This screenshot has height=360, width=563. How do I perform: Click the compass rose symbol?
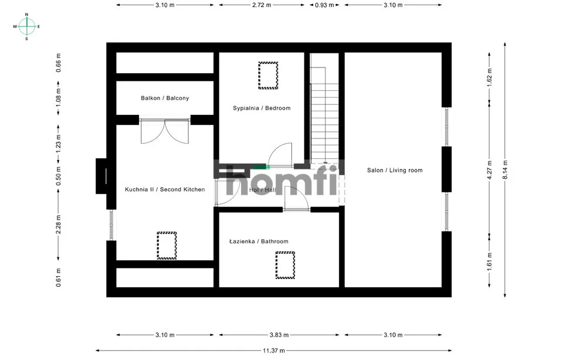pyautogui.click(x=26, y=26)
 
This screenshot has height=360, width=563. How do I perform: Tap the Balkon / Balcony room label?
pyautogui.click(x=165, y=98)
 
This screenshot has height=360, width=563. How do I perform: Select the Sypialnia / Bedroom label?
pyautogui.click(x=262, y=108)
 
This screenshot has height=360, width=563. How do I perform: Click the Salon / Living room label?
pyautogui.click(x=395, y=170)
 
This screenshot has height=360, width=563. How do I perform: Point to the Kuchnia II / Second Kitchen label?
pyautogui.click(x=165, y=189)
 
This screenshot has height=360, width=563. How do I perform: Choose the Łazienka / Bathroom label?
pyautogui.click(x=259, y=241)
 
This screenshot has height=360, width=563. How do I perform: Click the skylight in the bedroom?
pyautogui.click(x=268, y=76)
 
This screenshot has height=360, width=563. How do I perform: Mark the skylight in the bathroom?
pyautogui.click(x=285, y=265)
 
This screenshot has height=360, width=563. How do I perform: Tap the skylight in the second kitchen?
pyautogui.click(x=167, y=246)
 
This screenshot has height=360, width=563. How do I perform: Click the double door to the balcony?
pyautogui.click(x=165, y=131)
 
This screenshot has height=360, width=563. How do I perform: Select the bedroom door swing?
pyautogui.click(x=280, y=155)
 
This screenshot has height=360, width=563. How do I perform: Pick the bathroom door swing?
pyautogui.click(x=297, y=199)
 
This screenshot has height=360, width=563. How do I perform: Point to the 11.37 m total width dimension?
pyautogui.click(x=274, y=350)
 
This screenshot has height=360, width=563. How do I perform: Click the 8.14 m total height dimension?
pyautogui.click(x=505, y=170)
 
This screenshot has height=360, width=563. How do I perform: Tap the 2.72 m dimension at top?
pyautogui.click(x=262, y=5)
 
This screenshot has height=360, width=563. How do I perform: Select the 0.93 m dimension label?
pyautogui.click(x=324, y=5)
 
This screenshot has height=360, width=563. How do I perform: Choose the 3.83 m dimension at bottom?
pyautogui.click(x=279, y=335)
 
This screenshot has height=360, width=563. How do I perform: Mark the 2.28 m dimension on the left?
pyautogui.click(x=59, y=224)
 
